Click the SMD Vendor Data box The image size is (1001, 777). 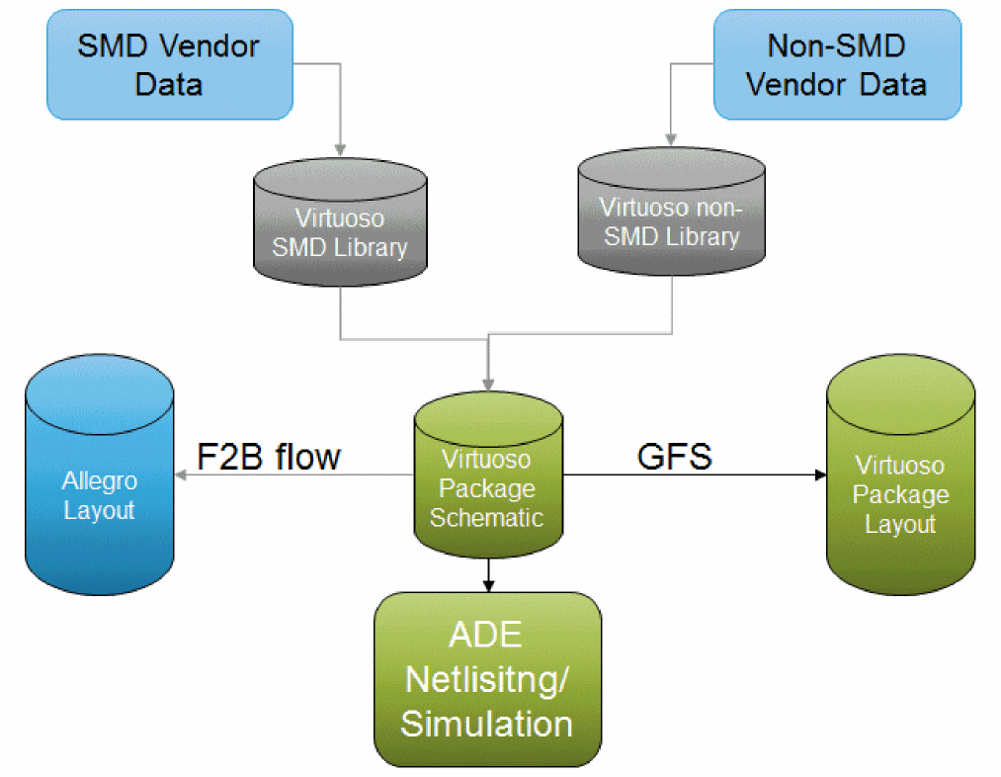point(169,64)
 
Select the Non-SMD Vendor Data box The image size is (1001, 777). point(836,64)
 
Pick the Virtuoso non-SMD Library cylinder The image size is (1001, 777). point(671,222)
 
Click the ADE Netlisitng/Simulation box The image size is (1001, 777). point(487,681)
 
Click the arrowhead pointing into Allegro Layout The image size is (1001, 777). point(181,475)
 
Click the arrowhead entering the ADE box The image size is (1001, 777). point(488,585)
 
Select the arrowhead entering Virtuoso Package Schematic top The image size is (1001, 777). point(488,386)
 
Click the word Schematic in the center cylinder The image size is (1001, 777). point(486,517)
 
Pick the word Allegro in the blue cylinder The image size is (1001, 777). point(100,481)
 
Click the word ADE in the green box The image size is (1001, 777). point(487,637)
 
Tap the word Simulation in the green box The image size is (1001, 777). point(487,724)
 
